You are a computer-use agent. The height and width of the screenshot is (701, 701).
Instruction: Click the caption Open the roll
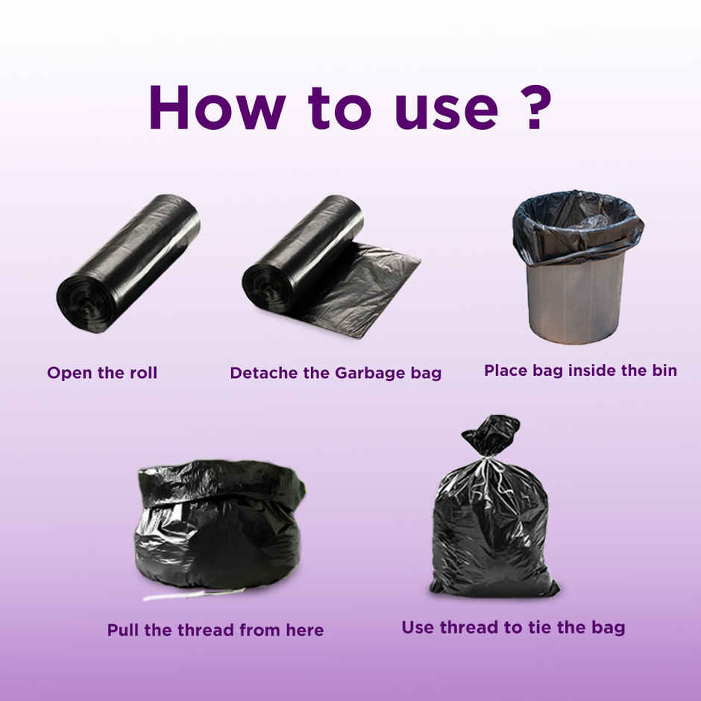tap(102, 373)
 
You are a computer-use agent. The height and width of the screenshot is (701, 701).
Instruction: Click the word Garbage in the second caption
tap(365, 373)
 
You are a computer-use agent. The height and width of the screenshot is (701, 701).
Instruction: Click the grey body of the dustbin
tap(574, 298)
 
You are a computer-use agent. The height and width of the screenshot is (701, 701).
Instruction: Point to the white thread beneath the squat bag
tap(194, 594)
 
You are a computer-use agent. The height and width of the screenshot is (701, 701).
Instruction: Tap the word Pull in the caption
tap(123, 630)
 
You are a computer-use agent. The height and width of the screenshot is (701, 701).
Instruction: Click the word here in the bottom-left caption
tap(304, 630)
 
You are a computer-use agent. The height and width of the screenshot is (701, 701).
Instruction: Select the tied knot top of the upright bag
tap(491, 434)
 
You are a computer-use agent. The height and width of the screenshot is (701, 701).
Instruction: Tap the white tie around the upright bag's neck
tap(488, 461)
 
